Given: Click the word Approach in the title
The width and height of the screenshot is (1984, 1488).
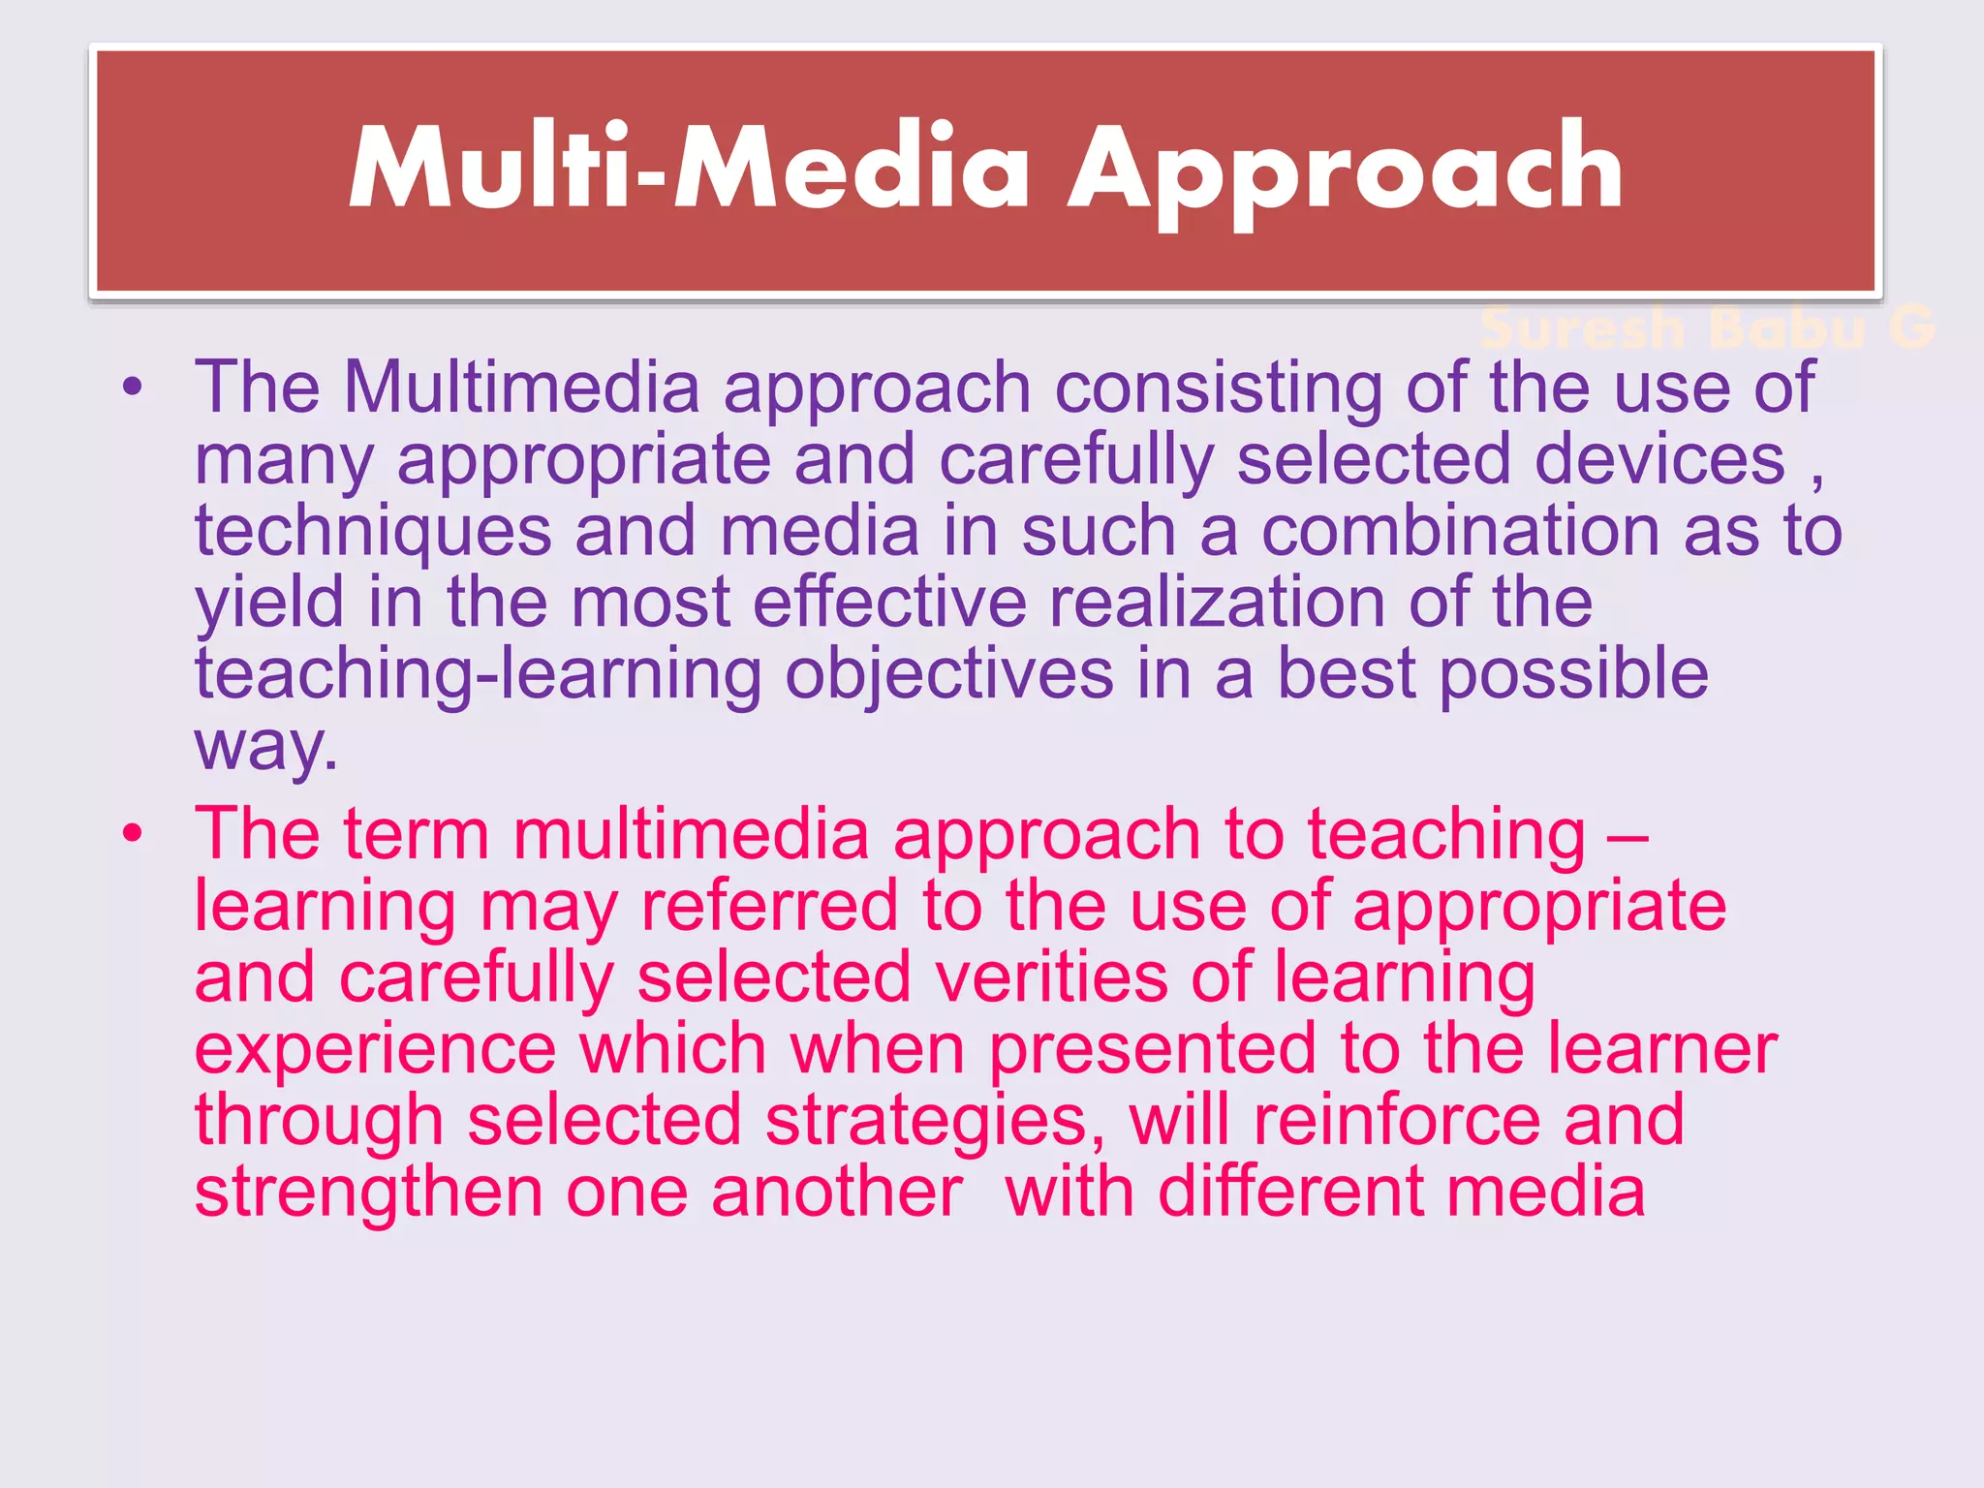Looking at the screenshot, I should [1345, 170].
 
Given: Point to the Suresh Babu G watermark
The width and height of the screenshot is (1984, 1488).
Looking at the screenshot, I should [1707, 327].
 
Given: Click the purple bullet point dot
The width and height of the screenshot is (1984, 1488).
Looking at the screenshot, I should [133, 388].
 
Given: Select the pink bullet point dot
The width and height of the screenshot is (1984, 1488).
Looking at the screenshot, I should [133, 833].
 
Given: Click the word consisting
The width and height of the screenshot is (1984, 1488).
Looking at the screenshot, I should [1218, 387].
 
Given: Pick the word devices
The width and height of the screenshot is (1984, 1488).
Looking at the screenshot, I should [1659, 459].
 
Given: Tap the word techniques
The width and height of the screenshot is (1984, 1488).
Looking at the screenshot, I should [373, 531].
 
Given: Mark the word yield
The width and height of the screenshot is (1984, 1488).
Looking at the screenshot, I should [269, 603].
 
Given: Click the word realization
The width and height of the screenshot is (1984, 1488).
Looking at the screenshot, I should [1217, 603].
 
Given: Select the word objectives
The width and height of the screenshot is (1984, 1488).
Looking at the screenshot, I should [948, 674].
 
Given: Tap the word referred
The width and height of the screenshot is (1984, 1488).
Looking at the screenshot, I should [769, 906].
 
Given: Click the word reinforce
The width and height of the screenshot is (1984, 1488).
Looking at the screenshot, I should [1396, 1120].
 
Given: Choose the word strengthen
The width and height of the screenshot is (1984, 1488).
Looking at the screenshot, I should [368, 1192].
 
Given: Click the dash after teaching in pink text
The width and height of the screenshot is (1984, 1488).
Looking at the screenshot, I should [1627, 835].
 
